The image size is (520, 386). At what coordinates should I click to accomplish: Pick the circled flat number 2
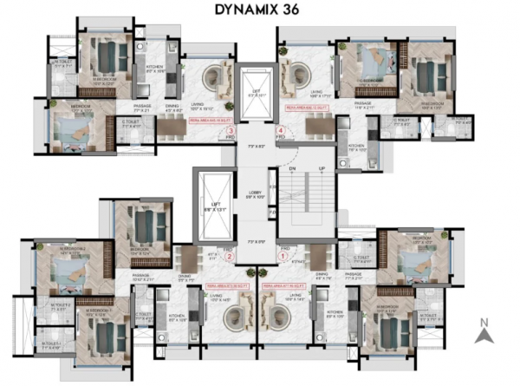(230, 257)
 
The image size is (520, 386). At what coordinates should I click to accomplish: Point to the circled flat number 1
(283, 257)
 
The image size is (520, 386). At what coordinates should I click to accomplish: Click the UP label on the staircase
(322, 168)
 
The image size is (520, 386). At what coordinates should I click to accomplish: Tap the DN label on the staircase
(292, 168)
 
